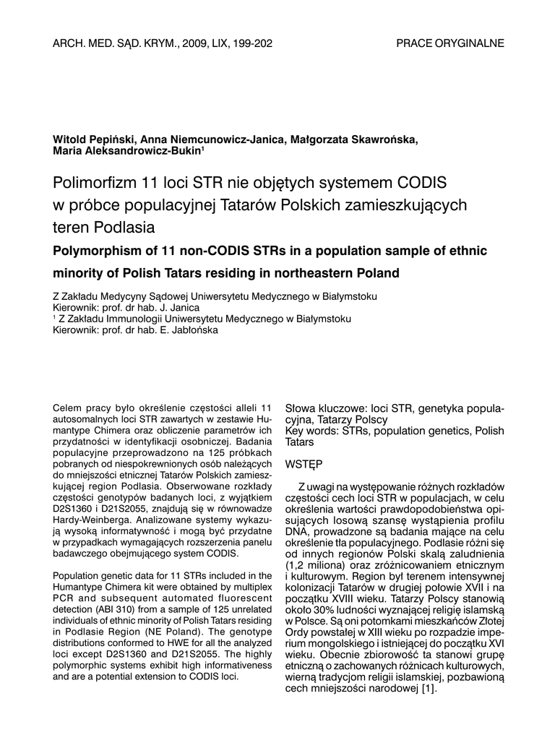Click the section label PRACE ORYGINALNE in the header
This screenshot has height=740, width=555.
point(450,43)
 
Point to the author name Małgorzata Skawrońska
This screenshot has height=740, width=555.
point(354,139)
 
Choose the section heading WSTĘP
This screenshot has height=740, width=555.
point(304,462)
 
